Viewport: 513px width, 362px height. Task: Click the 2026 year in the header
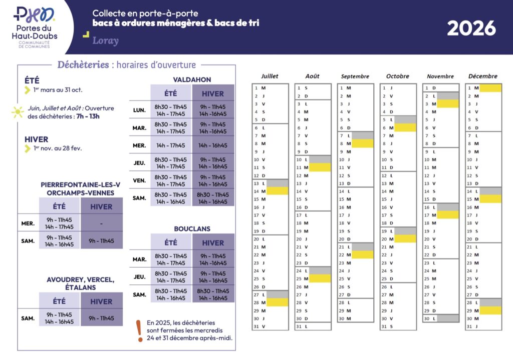471,28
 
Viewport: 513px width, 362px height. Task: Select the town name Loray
105,40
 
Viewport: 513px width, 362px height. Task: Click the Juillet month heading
270,76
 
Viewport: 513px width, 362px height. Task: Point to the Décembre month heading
483,76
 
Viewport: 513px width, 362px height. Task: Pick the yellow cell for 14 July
278,191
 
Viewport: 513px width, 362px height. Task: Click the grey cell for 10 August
320,159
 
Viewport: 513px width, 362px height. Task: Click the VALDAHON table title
192,79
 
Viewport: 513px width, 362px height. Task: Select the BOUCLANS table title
192,228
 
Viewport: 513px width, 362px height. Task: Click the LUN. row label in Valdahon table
139,110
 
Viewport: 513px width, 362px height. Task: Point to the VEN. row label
139,180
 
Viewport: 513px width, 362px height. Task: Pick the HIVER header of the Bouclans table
213,243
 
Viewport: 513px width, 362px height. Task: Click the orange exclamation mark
139,331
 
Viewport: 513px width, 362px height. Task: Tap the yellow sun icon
18,112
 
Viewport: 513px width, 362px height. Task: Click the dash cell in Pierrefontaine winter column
101,223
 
